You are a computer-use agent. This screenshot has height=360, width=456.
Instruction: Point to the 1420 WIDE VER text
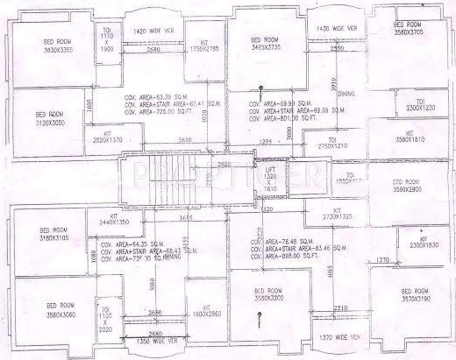tap(153, 31)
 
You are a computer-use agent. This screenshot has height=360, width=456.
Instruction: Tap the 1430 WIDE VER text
tap(336, 29)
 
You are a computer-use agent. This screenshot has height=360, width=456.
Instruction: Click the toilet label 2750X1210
tap(333, 143)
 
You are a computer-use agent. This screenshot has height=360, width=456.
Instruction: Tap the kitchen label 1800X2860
tap(205, 311)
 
